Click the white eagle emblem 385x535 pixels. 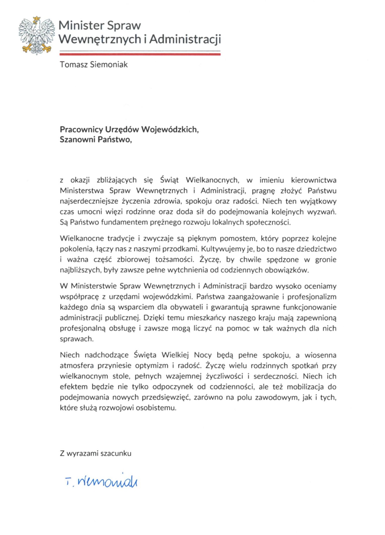click(37, 35)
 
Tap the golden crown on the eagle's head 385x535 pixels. click(37, 19)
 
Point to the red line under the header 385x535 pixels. click(140, 54)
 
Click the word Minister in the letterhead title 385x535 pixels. click(81, 25)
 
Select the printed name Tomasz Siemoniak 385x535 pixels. click(94, 64)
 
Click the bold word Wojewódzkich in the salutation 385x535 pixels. click(170, 129)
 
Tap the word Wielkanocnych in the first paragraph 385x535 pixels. click(212, 180)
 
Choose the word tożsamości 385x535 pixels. click(174, 259)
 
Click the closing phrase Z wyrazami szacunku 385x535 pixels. click(95, 453)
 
